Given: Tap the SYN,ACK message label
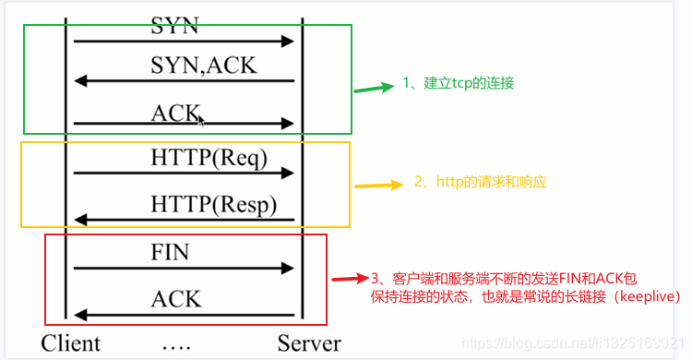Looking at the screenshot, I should [x=204, y=66].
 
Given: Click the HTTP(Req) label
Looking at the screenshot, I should [x=209, y=158].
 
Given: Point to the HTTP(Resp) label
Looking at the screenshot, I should [x=213, y=204].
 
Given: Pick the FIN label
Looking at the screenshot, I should [x=170, y=251].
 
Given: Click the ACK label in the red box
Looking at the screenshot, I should [x=175, y=298].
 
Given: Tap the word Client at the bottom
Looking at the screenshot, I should [x=70, y=343].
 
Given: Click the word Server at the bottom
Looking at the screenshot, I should [x=309, y=343].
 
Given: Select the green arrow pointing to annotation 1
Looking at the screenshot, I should [x=374, y=89].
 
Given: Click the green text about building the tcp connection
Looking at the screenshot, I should [x=458, y=83].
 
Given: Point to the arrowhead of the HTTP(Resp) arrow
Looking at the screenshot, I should [x=80, y=220].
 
